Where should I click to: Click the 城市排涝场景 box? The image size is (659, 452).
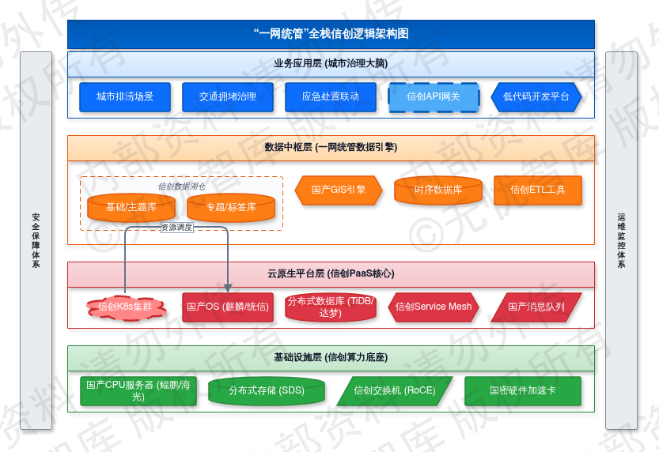click(125, 97)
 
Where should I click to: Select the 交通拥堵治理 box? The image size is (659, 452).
click(228, 97)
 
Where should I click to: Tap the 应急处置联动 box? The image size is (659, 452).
click(331, 97)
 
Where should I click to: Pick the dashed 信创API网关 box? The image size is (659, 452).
click(434, 97)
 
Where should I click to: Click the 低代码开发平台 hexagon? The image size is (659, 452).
click(536, 97)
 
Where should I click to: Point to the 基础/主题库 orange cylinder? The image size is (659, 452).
click(131, 208)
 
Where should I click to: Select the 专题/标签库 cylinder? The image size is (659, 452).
click(231, 208)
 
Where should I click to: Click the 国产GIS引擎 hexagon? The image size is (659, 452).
click(339, 190)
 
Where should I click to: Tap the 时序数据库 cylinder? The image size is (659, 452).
click(438, 190)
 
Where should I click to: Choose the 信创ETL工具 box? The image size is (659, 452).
click(538, 190)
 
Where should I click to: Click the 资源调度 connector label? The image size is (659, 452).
click(176, 227)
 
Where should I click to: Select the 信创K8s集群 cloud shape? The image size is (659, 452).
click(125, 307)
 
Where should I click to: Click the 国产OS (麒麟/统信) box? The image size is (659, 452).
click(228, 307)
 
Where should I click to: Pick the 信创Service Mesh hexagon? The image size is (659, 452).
click(434, 307)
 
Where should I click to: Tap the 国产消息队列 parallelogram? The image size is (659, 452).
click(536, 307)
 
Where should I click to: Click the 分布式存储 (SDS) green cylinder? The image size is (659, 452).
click(267, 391)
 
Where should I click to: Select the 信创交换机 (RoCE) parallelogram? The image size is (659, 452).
click(395, 391)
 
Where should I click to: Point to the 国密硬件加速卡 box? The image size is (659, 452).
click(523, 391)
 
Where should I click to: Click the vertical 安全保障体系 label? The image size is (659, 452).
click(36, 241)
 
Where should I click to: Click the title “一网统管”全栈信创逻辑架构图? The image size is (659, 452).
click(331, 34)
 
